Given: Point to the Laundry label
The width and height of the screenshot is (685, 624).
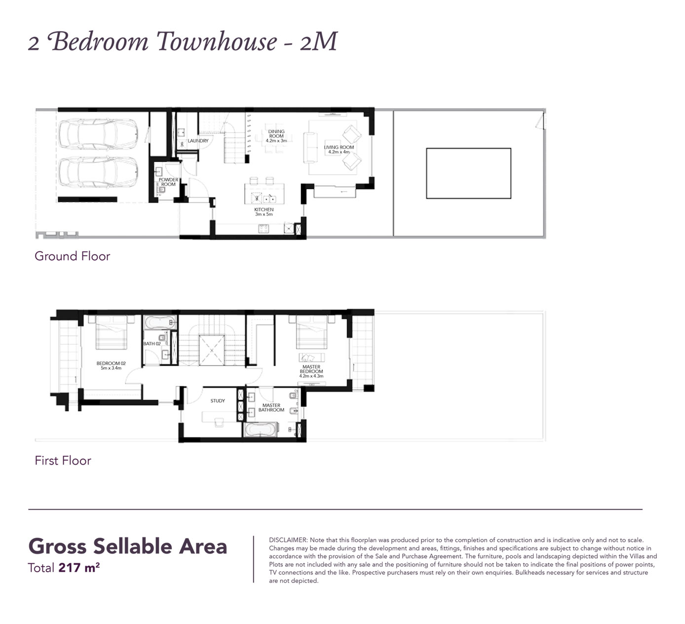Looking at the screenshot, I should click(198, 141).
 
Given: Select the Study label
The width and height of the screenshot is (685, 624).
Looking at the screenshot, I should click(218, 401).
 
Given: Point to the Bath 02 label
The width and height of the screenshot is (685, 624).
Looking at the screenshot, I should click(152, 344).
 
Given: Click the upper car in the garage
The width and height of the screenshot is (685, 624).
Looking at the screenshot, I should click(97, 134).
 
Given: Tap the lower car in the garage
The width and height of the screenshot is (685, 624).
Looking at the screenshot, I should click(97, 172).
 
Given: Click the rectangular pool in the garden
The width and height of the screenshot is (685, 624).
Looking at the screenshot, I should click(468, 173).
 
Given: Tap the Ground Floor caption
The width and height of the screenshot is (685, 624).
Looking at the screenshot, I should click(72, 256).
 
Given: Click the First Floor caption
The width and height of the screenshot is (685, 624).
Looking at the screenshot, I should click(63, 461).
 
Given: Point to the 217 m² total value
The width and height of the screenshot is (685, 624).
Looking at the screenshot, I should click(79, 568).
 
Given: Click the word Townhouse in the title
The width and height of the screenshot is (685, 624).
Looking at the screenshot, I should click(217, 41).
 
